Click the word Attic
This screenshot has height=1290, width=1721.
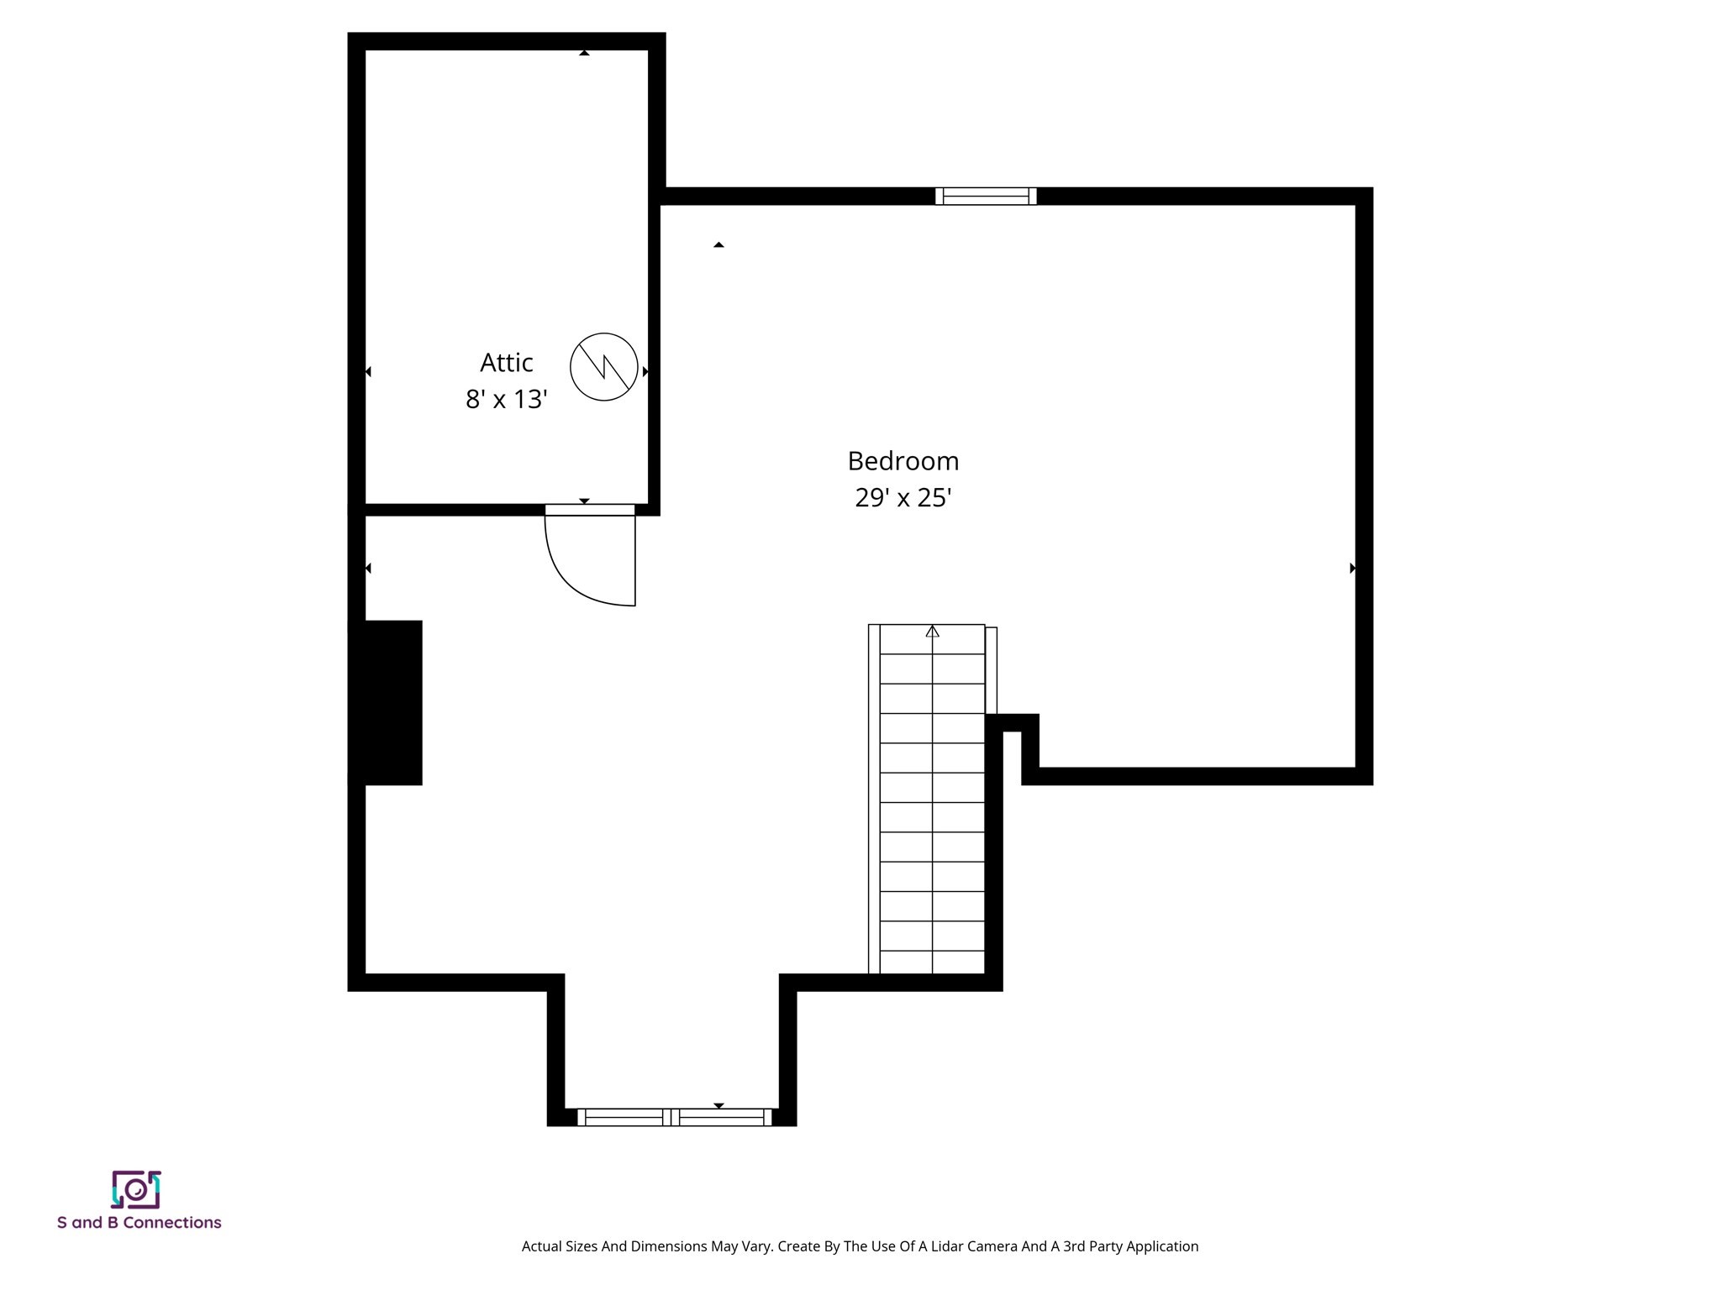[x=506, y=363]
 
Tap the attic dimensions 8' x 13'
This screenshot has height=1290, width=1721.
[x=506, y=399]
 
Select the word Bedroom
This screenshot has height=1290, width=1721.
[x=903, y=461]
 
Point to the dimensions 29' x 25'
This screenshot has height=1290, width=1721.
[x=903, y=498]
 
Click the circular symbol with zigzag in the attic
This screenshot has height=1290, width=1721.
[x=603, y=367]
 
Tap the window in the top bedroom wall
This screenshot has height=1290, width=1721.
[x=986, y=197]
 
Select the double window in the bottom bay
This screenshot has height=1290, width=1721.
[x=674, y=1117]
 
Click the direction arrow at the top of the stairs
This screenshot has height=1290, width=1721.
[x=932, y=632]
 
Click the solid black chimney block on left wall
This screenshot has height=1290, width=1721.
[x=387, y=703]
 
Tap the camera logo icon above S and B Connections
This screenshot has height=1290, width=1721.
[x=136, y=1189]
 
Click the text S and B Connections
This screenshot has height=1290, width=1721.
[x=139, y=1223]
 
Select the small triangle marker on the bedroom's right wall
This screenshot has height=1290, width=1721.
[x=1352, y=569]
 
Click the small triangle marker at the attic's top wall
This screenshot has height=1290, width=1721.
[x=584, y=53]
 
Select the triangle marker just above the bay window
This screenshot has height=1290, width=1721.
[x=718, y=1105]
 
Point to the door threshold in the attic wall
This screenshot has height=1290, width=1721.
[x=590, y=510]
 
